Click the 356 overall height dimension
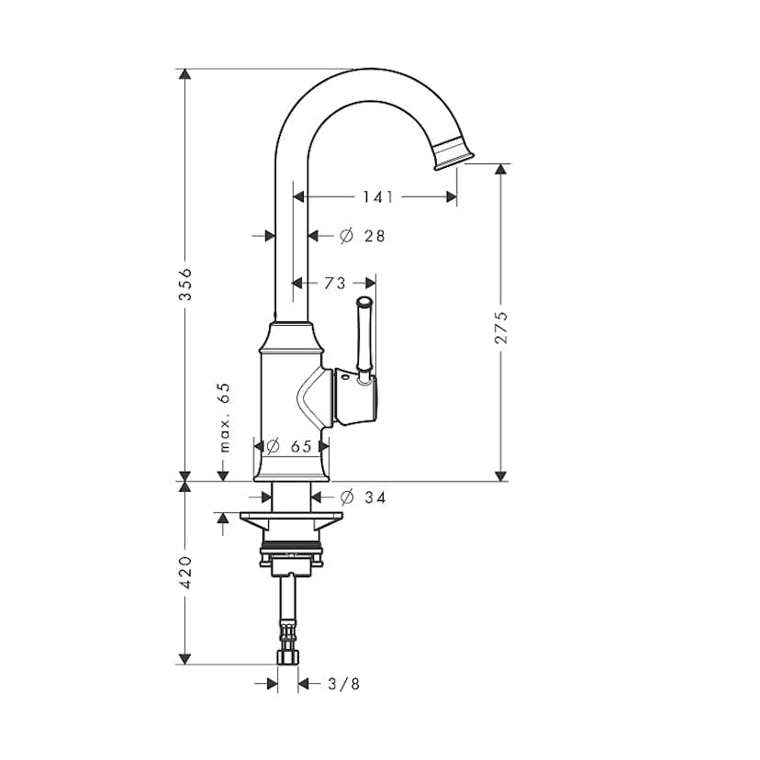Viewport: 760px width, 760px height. pyautogui.click(x=185, y=284)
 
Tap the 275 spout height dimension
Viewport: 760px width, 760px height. pyautogui.click(x=501, y=328)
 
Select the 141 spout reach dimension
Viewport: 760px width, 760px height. pyautogui.click(x=378, y=196)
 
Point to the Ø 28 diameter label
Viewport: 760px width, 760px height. pyautogui.click(x=362, y=236)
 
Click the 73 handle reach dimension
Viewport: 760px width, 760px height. pyautogui.click(x=335, y=283)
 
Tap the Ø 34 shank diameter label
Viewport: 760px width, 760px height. pyautogui.click(x=363, y=497)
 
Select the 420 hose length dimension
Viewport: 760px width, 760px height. pyautogui.click(x=185, y=573)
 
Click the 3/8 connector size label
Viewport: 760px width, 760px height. pyautogui.click(x=343, y=684)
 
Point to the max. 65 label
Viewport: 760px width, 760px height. pyautogui.click(x=224, y=418)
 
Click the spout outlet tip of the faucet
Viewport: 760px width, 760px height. pyautogui.click(x=453, y=154)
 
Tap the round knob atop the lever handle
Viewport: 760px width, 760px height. pyautogui.click(x=364, y=302)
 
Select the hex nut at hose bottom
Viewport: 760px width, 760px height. pyautogui.click(x=288, y=658)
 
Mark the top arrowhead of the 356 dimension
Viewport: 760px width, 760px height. pyautogui.click(x=184, y=74)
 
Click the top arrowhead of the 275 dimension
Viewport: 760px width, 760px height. pyautogui.click(x=501, y=169)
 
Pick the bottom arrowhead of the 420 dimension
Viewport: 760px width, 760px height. pyautogui.click(x=184, y=659)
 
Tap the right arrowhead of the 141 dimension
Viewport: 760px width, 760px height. pyautogui.click(x=452, y=196)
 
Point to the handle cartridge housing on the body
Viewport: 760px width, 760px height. pyautogui.click(x=356, y=396)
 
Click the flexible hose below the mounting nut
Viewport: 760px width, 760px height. pyautogui.click(x=289, y=611)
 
